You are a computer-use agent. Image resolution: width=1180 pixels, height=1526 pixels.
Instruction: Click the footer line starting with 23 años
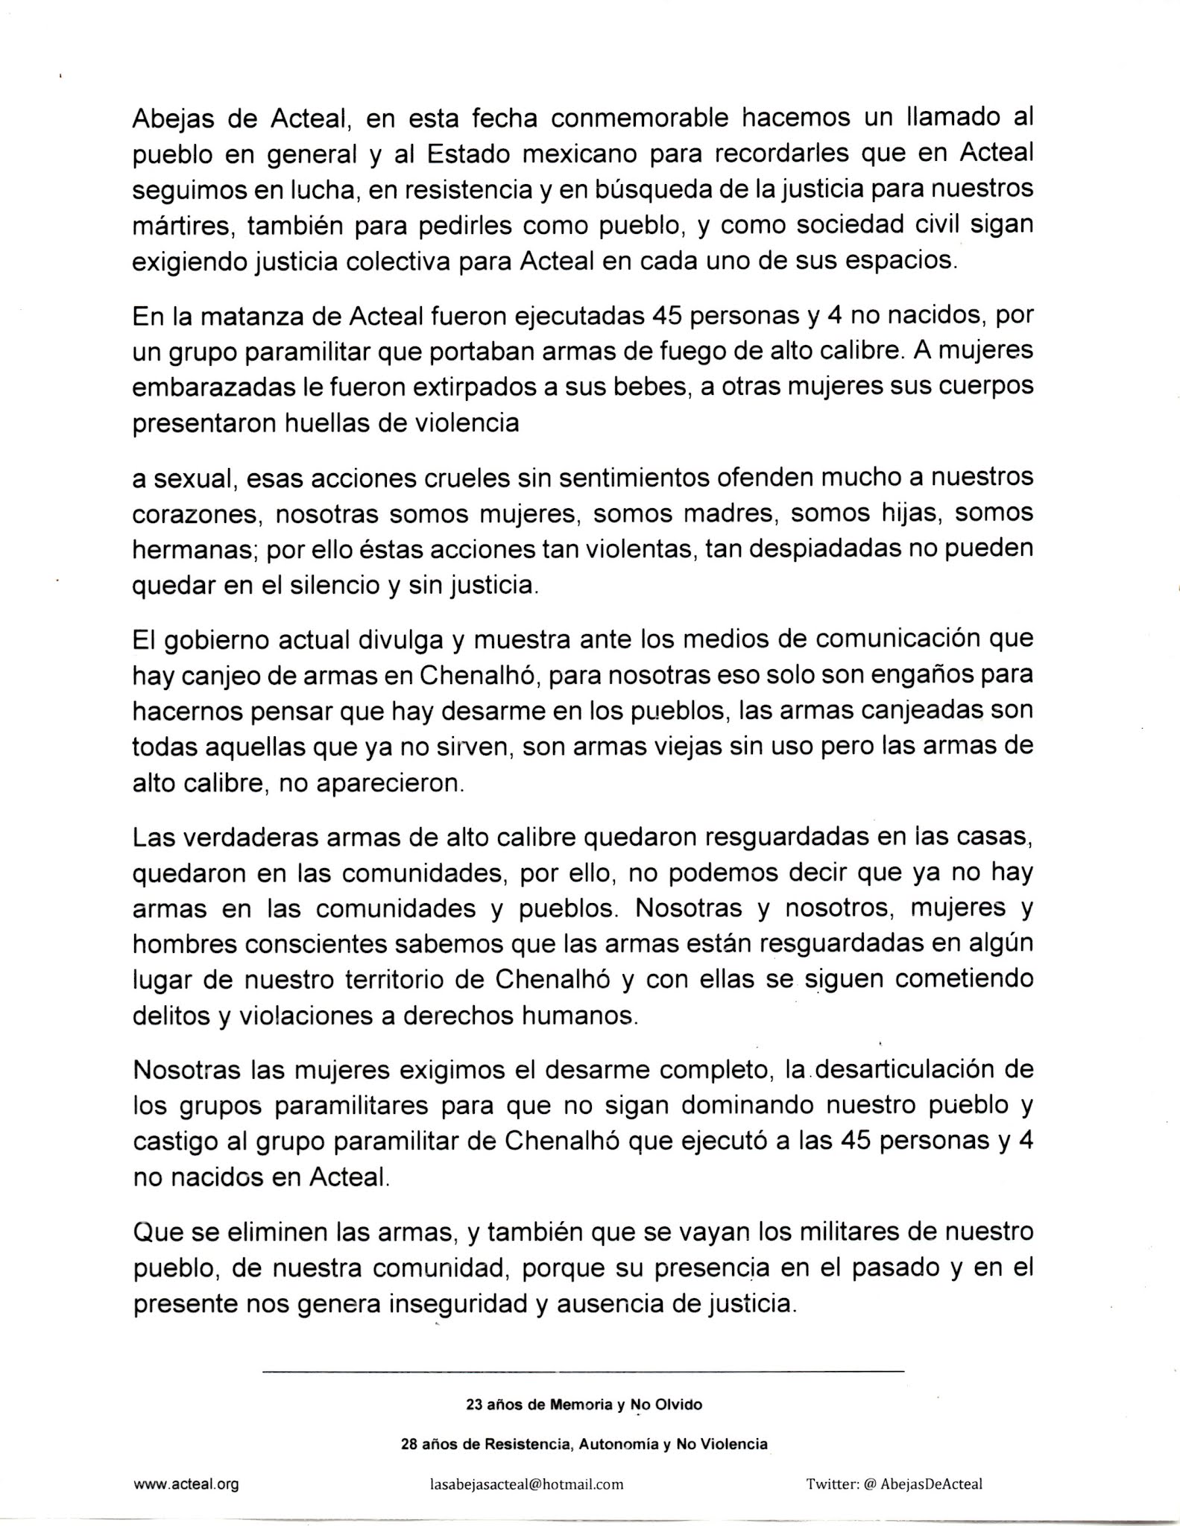(584, 1405)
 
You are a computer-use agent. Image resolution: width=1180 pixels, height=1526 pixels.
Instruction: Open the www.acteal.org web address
(186, 1484)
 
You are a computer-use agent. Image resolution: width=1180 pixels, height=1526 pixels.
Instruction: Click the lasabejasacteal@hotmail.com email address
(526, 1484)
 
